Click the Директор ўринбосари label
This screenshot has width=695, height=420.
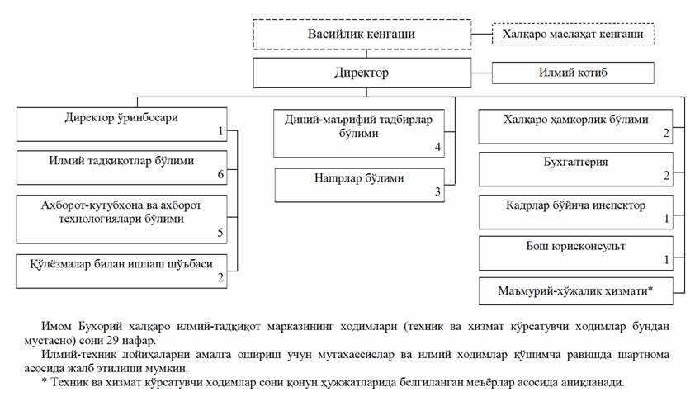121,117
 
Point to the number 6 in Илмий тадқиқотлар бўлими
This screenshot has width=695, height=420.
220,174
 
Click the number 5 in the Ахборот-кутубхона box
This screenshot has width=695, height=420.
220,232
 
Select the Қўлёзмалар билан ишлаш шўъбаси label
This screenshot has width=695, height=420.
121,264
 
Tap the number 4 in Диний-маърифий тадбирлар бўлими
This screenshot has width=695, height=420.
437,147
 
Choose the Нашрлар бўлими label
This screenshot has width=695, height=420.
359,178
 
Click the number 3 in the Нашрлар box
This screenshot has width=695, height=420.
437,191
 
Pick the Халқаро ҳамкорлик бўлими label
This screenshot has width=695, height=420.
576,119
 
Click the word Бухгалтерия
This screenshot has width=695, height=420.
575,162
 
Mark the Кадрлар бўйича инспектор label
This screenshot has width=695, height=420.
575,205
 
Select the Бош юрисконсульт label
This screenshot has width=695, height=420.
575,246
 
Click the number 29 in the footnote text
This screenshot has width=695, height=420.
112,341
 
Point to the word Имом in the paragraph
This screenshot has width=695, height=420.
56,327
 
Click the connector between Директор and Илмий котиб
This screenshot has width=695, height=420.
481,73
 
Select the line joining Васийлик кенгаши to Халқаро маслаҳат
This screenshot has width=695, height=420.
481,34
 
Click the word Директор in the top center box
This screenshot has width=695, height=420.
362,73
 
